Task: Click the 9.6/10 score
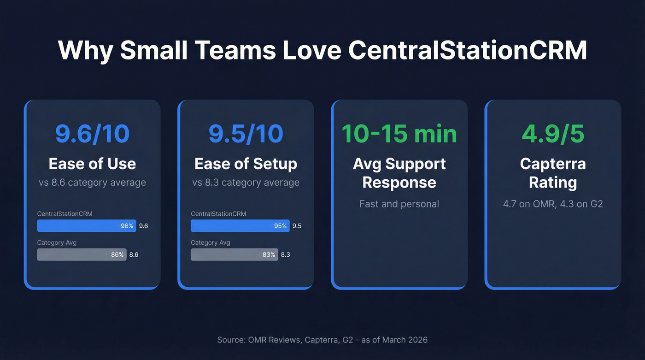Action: click(x=92, y=133)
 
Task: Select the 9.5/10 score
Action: click(x=246, y=133)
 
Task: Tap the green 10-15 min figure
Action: click(x=399, y=133)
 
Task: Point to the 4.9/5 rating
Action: click(x=553, y=133)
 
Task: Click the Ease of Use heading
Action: click(x=92, y=164)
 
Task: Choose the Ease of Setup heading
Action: click(x=246, y=164)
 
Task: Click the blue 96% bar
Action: click(x=87, y=226)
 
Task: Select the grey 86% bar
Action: click(x=82, y=254)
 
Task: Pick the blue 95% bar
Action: click(x=240, y=226)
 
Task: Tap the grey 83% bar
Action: click(x=234, y=254)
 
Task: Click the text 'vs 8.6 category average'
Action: click(x=92, y=183)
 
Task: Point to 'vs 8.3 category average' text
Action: click(x=246, y=183)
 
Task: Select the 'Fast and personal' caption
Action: click(x=399, y=204)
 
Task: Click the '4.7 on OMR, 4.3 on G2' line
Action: click(x=553, y=204)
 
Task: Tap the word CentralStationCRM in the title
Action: click(x=467, y=50)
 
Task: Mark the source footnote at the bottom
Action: click(x=322, y=340)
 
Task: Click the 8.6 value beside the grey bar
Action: click(x=134, y=254)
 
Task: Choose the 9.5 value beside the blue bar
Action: click(x=297, y=226)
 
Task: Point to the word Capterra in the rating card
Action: click(x=553, y=164)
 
